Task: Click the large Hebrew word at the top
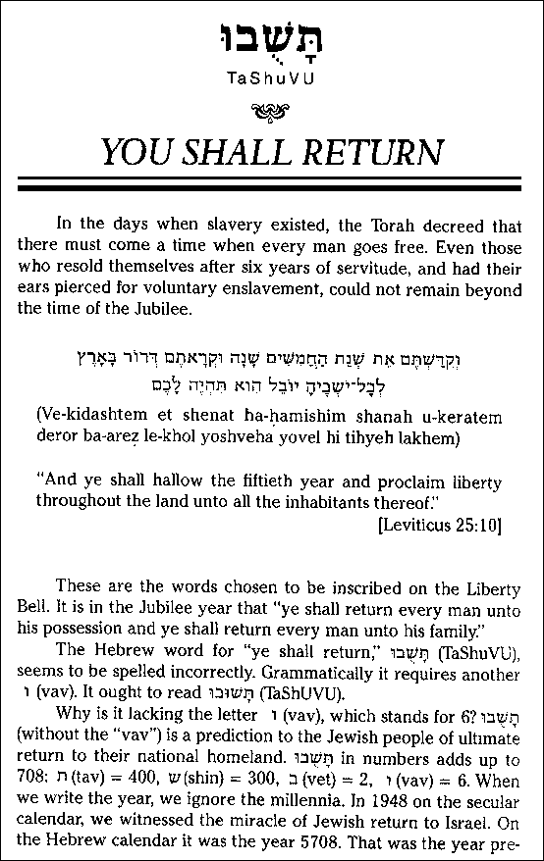[272, 39]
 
